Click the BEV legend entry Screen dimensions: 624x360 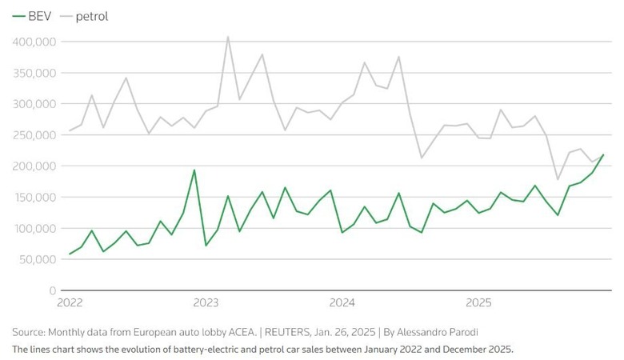pos(32,16)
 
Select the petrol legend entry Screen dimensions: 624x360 pos(84,17)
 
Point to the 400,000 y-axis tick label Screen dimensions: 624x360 pos(34,42)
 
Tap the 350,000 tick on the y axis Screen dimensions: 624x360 pos(34,73)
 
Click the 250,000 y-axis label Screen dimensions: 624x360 pos(34,135)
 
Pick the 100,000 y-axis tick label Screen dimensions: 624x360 pos(34,228)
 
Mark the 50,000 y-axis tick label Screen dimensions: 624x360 pos(37,259)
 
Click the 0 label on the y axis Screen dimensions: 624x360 pos(53,290)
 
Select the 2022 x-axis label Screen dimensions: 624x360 pos(70,302)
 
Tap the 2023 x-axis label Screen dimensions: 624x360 pos(206,302)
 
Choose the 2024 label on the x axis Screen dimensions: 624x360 pos(342,302)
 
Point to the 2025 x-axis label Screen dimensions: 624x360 pos(478,302)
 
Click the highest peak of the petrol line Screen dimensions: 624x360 pos(228,37)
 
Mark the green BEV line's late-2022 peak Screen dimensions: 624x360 pos(194,170)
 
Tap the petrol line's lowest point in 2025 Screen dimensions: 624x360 pos(558,179)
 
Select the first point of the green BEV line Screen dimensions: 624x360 pos(70,254)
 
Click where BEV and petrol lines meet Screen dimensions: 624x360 pos(603,155)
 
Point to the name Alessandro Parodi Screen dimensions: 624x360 pos(438,332)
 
